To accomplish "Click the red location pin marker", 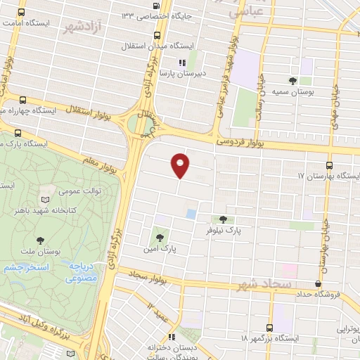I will [181, 165].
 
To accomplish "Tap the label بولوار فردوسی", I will [243, 142].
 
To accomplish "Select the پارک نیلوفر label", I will [223, 230].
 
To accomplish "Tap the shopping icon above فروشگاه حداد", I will [319, 284].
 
